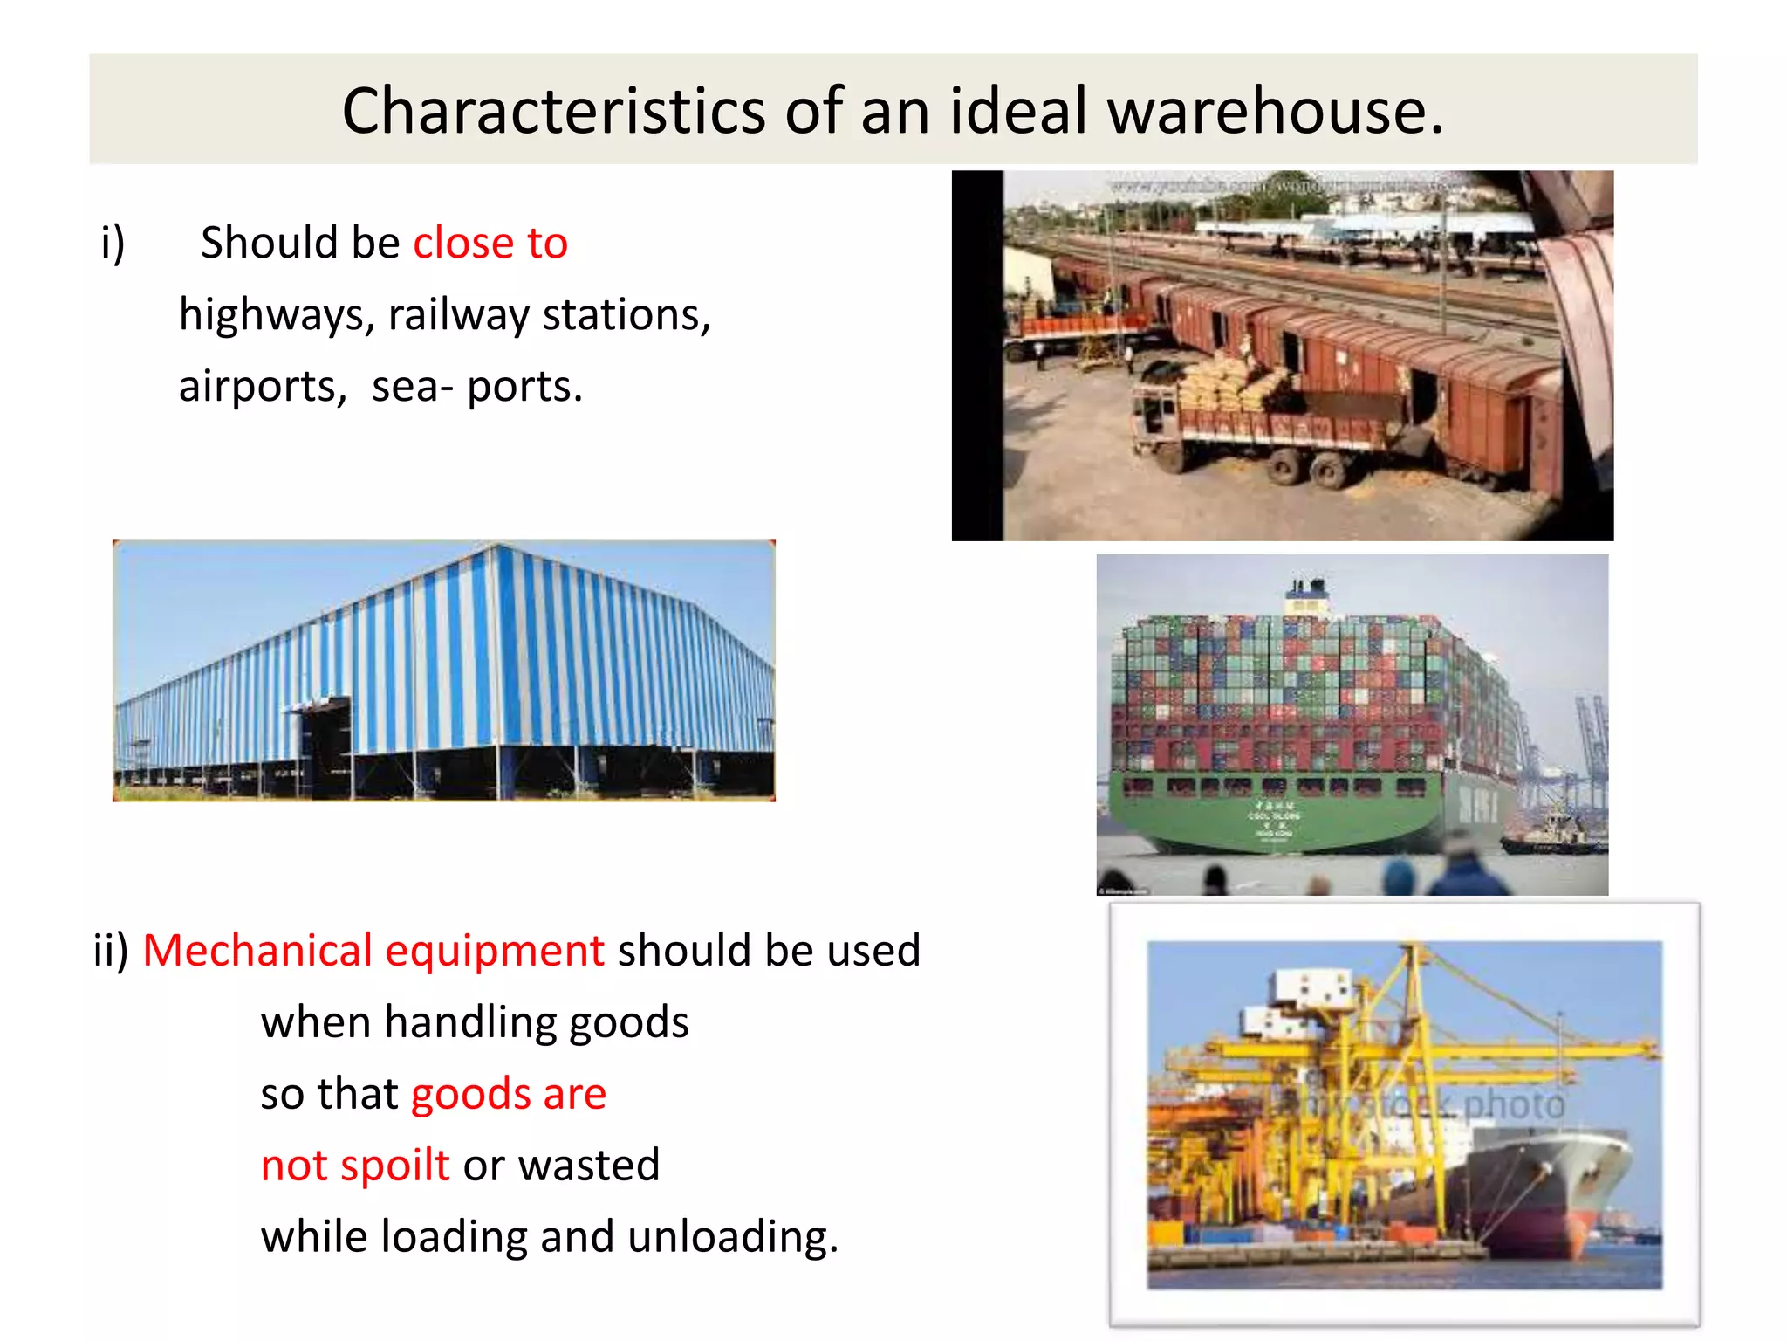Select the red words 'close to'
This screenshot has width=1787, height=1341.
[x=490, y=243]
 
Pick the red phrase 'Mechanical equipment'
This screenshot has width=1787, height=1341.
[x=373, y=951]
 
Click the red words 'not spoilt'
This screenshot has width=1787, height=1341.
[x=355, y=1166]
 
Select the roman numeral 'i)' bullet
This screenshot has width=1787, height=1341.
[x=113, y=243]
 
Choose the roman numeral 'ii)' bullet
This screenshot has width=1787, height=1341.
[x=111, y=951]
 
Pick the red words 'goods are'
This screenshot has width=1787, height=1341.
[x=508, y=1094]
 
